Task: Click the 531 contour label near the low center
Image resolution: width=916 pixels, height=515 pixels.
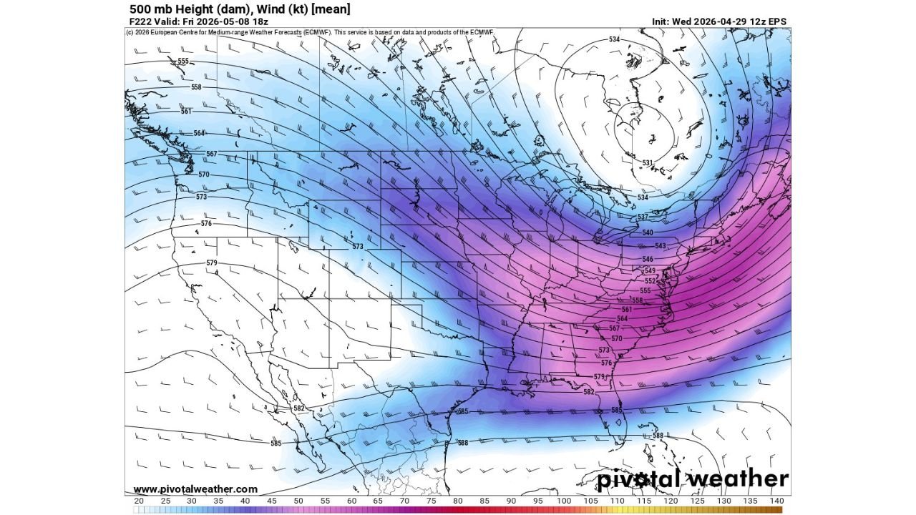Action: pyautogui.click(x=646, y=163)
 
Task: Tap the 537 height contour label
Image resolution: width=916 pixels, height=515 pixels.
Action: pyautogui.click(x=642, y=217)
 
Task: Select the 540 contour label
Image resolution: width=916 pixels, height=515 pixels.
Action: pyautogui.click(x=647, y=232)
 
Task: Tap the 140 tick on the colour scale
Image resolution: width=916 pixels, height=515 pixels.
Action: pyautogui.click(x=777, y=501)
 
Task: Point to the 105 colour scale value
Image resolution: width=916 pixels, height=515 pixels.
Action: pyautogui.click(x=591, y=501)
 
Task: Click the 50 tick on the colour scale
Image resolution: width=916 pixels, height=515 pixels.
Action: pyautogui.click(x=298, y=501)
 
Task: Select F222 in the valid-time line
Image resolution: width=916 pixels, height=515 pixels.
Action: pyautogui.click(x=141, y=21)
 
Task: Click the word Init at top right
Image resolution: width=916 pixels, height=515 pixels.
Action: pyautogui.click(x=662, y=21)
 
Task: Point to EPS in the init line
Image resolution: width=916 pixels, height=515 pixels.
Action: pyautogui.click(x=778, y=21)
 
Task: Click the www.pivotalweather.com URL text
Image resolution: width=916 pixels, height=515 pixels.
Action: pyautogui.click(x=195, y=489)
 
